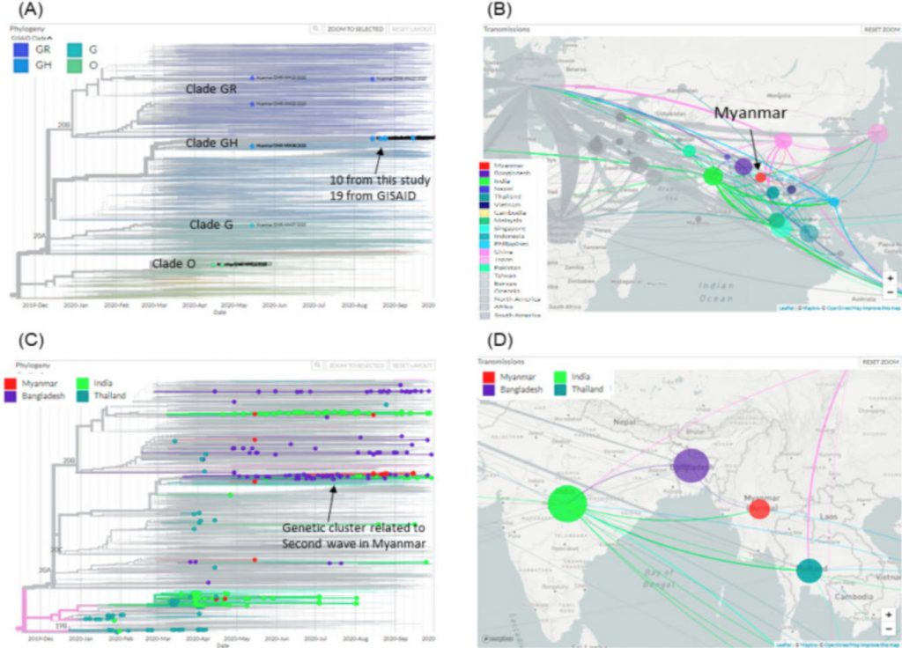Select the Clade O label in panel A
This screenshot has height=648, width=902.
coord(175,261)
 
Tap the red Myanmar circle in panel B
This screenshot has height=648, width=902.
coord(761,177)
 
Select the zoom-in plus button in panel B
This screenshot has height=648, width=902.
coord(889,279)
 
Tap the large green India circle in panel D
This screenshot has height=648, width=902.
coord(567,504)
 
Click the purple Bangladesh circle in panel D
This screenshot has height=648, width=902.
coord(691,466)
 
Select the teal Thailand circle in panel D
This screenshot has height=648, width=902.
coord(810,571)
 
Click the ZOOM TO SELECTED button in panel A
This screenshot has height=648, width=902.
coord(354,29)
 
